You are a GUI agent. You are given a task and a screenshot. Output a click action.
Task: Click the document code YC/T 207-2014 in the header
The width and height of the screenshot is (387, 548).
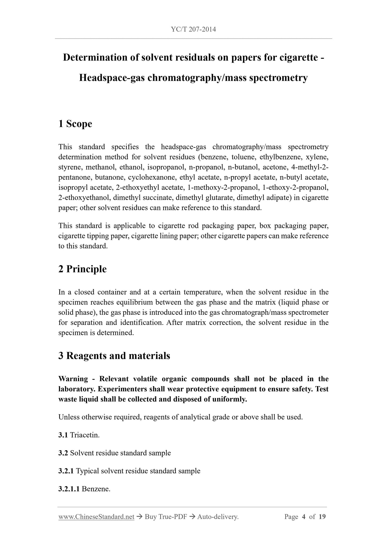[x=193, y=29]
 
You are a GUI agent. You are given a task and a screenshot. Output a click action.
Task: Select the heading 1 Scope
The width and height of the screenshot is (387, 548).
[x=75, y=124]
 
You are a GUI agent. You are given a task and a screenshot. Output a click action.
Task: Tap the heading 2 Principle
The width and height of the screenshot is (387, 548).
[x=82, y=269]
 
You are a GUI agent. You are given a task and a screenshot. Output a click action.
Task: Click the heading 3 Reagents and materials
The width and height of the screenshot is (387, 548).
[x=114, y=356]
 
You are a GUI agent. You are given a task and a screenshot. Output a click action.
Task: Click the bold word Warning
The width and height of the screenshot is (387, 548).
[x=73, y=379]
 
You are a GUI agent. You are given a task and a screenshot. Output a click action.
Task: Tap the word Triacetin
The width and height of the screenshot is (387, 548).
[x=85, y=435]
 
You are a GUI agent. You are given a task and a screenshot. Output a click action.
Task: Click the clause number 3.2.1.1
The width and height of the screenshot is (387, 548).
[x=69, y=489]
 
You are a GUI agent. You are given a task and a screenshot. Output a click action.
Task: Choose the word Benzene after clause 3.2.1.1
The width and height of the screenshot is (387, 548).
[x=96, y=489]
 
